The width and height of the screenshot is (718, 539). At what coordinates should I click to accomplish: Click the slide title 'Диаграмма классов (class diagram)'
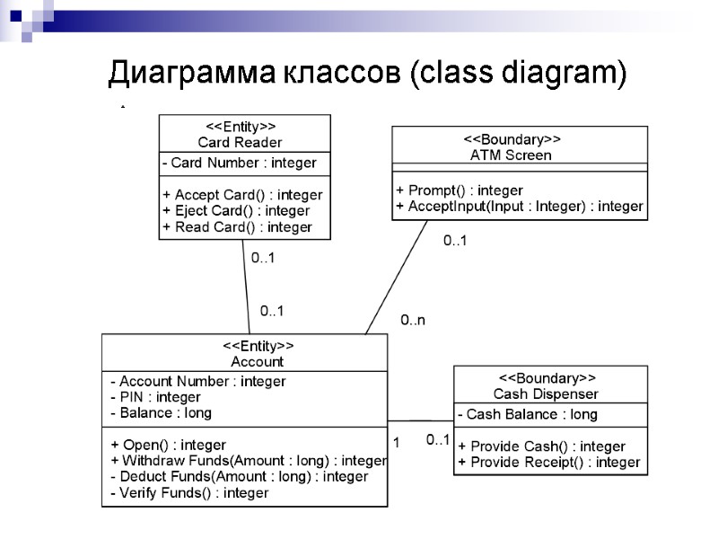(x=366, y=73)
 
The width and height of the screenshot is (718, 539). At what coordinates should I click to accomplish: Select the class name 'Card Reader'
(x=240, y=142)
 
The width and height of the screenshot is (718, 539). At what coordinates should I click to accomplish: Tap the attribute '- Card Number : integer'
(x=239, y=163)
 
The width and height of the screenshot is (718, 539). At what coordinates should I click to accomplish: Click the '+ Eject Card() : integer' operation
(x=236, y=210)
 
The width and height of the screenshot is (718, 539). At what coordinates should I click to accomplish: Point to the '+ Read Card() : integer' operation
(x=237, y=227)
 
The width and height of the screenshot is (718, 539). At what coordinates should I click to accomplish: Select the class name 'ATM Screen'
(x=511, y=155)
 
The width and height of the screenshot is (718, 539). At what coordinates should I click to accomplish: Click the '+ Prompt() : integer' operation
(x=459, y=190)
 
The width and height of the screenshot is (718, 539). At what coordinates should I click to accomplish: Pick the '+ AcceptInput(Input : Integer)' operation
(x=519, y=207)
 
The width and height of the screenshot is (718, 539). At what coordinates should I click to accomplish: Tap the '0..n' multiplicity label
(x=412, y=320)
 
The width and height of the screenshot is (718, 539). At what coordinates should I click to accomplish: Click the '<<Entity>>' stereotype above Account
(x=258, y=346)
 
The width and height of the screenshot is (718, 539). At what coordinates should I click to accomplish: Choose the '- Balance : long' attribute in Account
(x=161, y=413)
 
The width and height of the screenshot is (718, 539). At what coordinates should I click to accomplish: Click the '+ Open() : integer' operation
(x=168, y=445)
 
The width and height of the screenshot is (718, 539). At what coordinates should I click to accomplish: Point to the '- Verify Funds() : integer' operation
(x=189, y=493)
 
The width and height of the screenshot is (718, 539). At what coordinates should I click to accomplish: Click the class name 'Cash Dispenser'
(x=546, y=393)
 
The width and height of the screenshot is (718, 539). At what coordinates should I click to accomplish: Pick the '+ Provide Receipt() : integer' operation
(x=548, y=463)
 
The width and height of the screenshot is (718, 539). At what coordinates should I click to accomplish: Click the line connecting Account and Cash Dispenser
(x=421, y=420)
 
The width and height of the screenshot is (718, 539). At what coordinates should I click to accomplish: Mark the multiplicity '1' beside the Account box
(x=396, y=442)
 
